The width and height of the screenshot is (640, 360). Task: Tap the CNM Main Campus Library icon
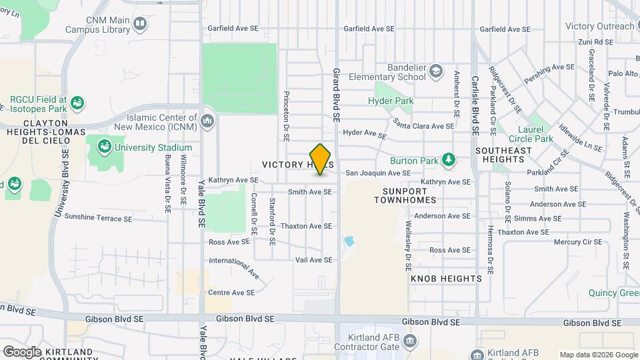click(140, 25)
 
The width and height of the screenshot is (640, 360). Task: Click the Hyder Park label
click(391, 101)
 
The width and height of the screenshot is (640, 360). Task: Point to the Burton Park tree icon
click(449, 160)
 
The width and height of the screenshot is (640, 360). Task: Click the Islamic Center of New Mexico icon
click(207, 120)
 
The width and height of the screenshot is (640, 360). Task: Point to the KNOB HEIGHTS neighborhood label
click(446, 278)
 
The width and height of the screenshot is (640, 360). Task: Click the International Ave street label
click(234, 269)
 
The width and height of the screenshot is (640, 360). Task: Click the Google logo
click(22, 351)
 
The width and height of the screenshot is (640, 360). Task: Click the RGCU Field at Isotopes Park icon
click(78, 103)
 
